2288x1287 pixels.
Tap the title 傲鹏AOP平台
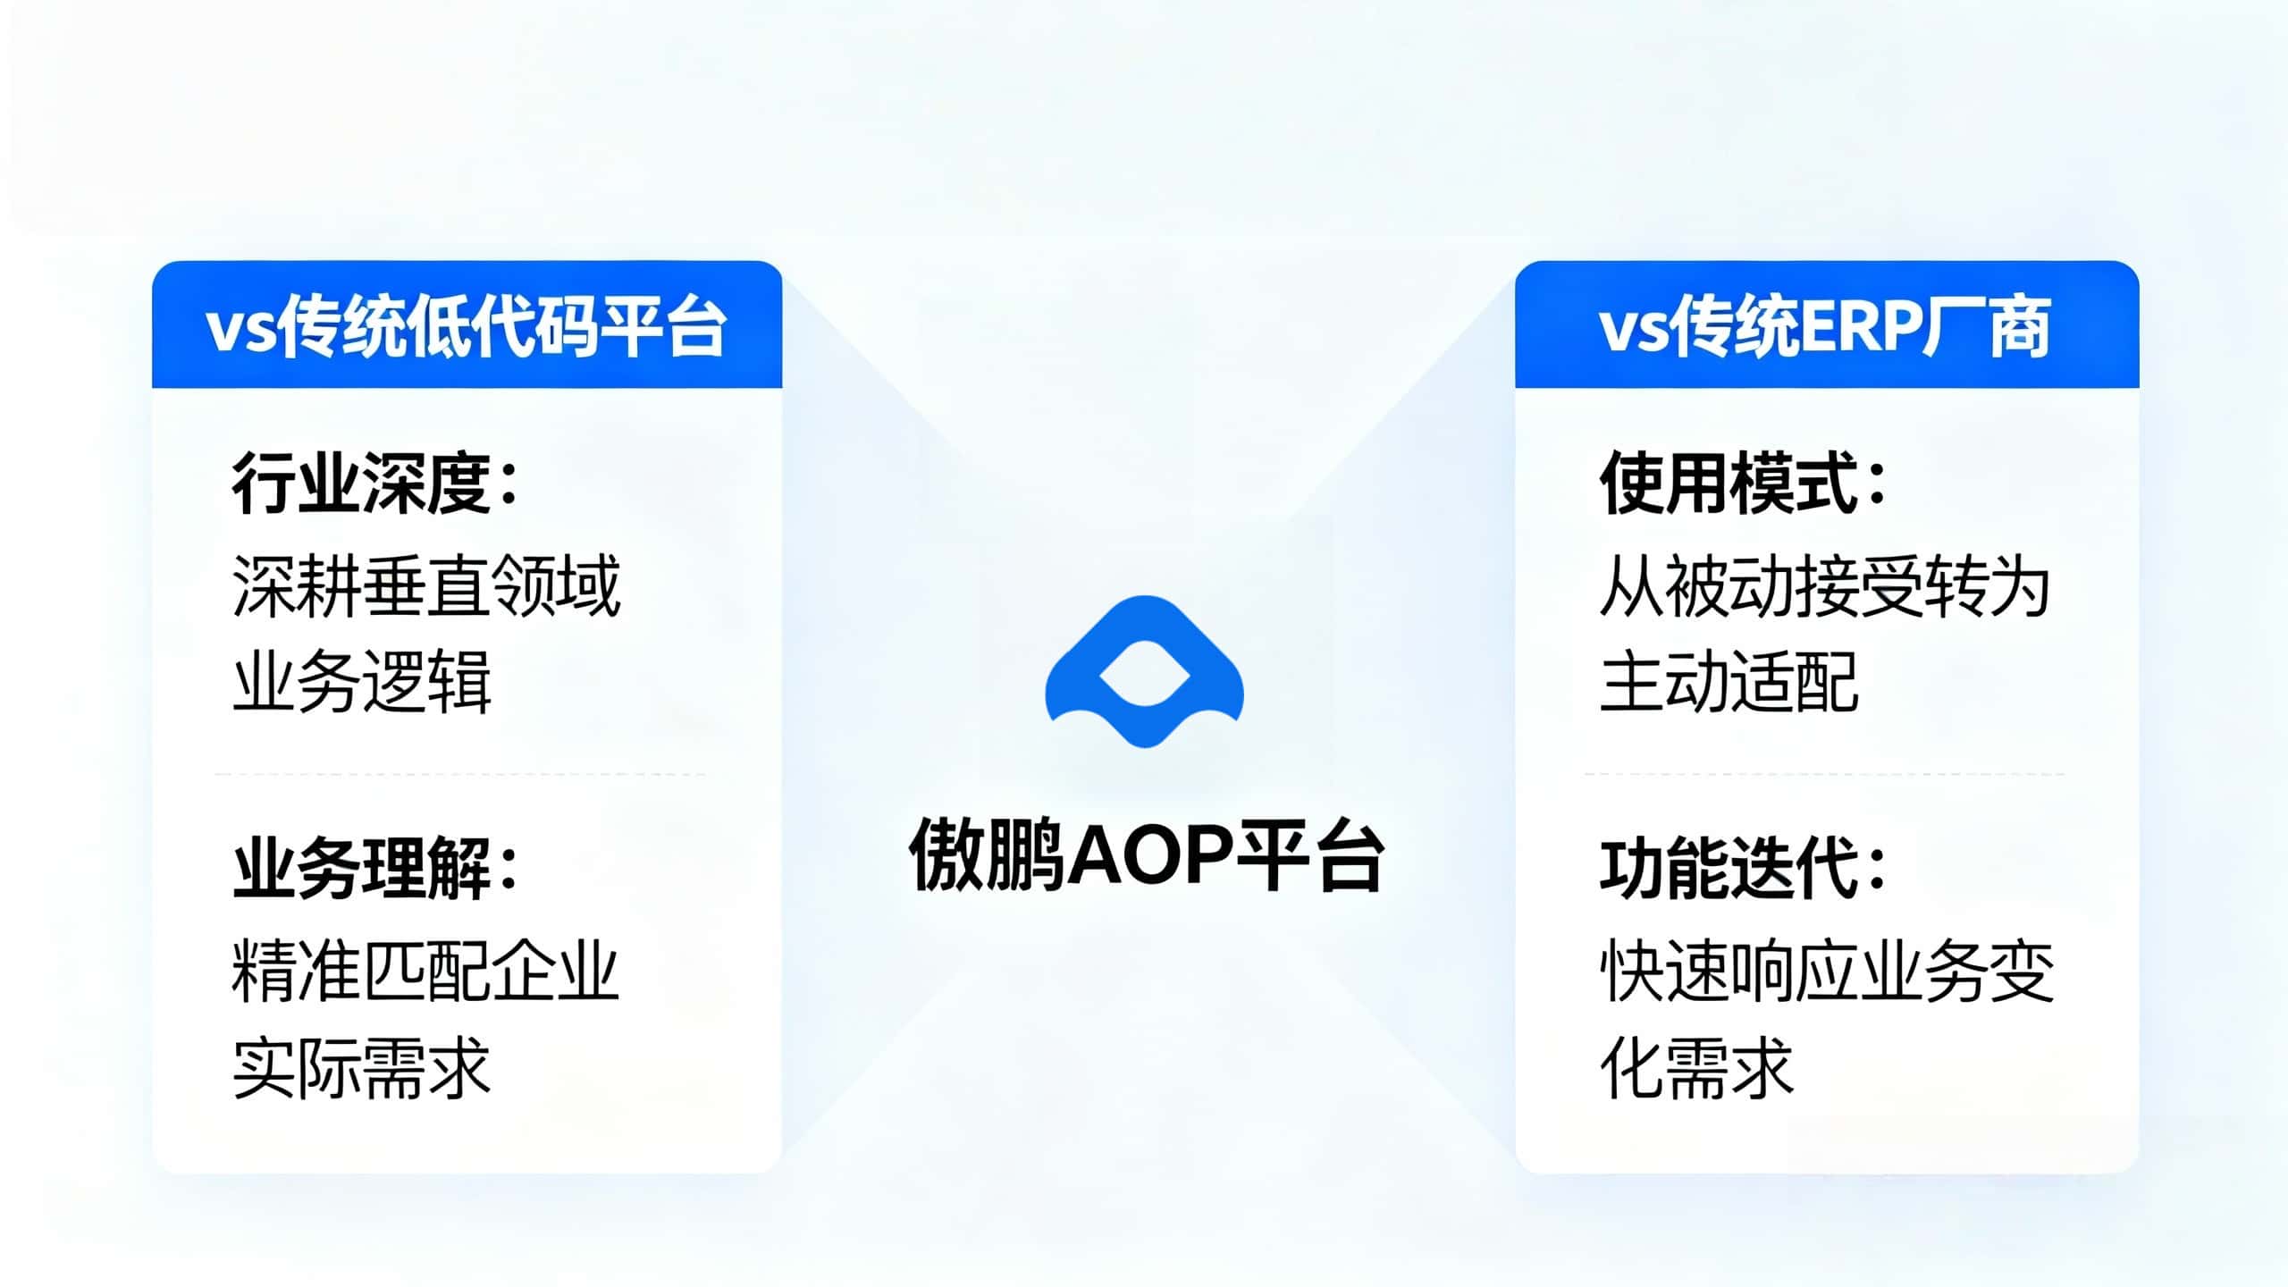coord(1146,856)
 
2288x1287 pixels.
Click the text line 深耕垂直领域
coord(425,586)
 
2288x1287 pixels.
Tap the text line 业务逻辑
coord(361,682)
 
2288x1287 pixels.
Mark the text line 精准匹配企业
coord(425,972)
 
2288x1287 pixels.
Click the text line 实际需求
coord(361,1068)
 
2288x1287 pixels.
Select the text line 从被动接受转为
coord(1825,586)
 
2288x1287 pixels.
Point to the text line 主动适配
coord(1729,682)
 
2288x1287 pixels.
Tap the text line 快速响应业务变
coord(1827,972)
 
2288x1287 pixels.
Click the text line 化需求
coord(1696,1068)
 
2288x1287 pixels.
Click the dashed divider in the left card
coord(459,775)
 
